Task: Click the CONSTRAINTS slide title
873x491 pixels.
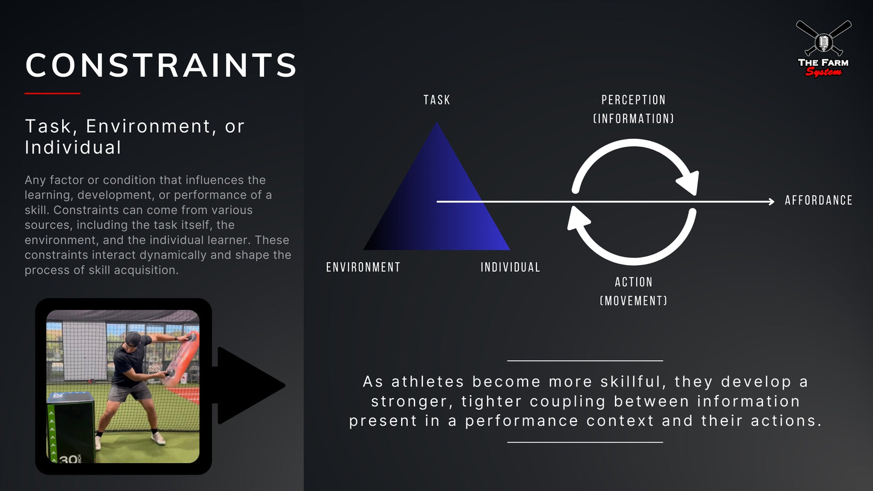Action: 161,65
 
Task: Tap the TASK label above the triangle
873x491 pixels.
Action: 437,100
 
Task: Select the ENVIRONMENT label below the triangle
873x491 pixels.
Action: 363,267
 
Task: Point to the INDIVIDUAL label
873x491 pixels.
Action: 511,267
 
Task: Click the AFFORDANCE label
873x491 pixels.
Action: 819,201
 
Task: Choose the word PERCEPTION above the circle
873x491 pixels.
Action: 633,100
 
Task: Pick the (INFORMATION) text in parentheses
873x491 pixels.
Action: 633,119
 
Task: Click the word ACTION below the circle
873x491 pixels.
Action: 633,282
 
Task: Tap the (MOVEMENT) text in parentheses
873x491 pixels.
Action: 633,300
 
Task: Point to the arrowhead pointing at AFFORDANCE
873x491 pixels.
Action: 770,202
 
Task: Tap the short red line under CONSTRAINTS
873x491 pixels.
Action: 52,94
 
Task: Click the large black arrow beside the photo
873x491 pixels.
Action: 248,385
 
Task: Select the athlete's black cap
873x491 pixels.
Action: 133,338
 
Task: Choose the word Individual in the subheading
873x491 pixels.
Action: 73,147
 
